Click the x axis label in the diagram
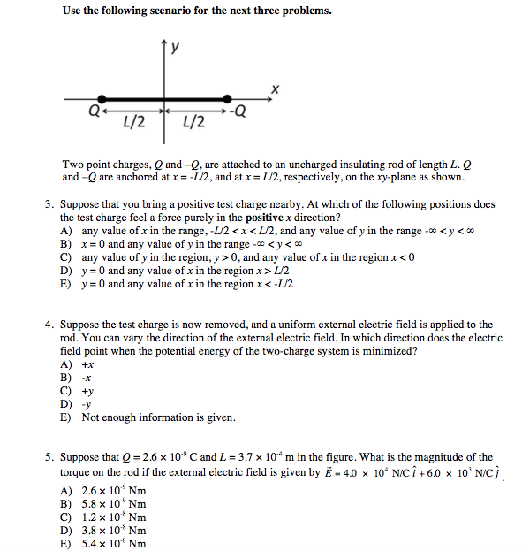(276, 88)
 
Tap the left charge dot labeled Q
(102, 98)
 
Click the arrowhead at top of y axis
(163, 43)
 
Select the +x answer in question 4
(87, 364)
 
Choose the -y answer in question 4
(87, 404)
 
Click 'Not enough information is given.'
(159, 417)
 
